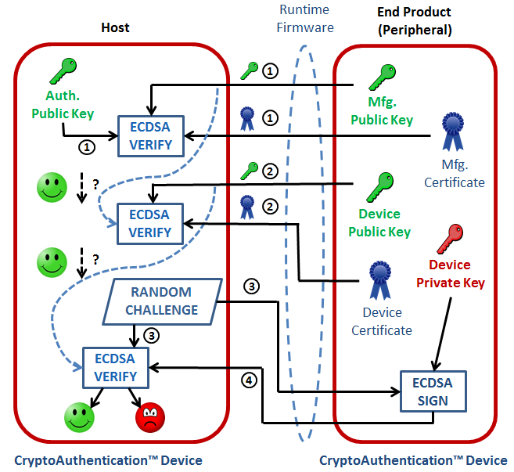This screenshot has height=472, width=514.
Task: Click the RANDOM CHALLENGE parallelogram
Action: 160,301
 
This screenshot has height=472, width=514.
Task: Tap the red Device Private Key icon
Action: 452,237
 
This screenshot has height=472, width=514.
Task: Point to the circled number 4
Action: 250,380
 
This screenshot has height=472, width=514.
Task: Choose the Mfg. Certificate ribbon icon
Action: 454,132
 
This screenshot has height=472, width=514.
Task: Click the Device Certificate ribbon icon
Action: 380,279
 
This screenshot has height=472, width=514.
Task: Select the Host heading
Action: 115,28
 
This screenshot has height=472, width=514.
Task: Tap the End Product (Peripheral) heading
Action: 414,20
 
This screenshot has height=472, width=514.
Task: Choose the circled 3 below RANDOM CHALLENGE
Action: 153,337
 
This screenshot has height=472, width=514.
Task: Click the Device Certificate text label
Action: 381,322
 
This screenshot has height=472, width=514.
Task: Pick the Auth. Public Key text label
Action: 63,106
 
